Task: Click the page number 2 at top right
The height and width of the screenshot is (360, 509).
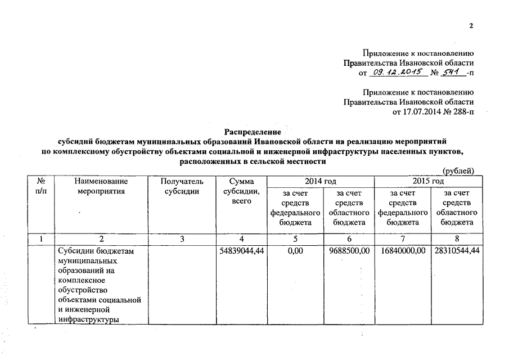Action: click(472, 26)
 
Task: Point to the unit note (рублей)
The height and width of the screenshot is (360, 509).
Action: click(458, 171)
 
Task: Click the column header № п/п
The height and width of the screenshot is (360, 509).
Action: click(40, 186)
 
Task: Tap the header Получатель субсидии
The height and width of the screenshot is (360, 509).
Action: click(181, 186)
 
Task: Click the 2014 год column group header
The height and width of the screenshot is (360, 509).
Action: click(320, 181)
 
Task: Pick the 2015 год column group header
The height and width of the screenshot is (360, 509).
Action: click(429, 181)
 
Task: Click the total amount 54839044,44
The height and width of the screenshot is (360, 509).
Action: click(241, 250)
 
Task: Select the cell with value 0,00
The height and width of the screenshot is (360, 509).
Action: click(295, 250)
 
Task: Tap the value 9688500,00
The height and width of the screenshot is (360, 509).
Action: click(349, 250)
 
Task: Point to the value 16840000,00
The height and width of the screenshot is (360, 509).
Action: click(402, 250)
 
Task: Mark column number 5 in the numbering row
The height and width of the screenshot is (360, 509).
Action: click(295, 239)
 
